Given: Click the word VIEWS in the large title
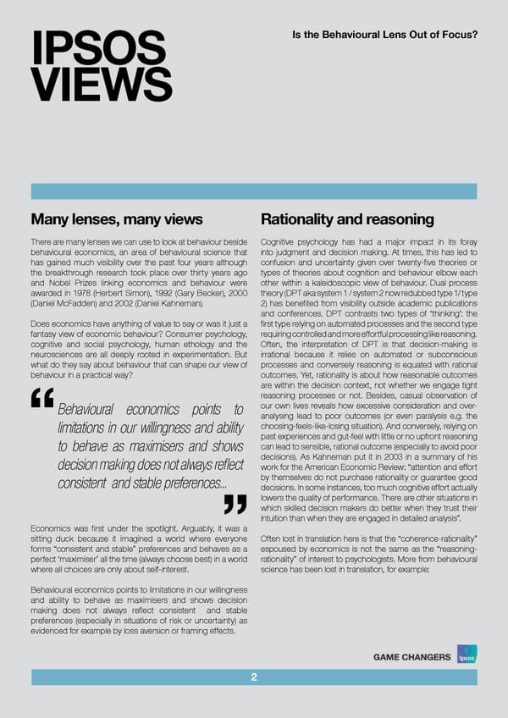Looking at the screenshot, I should pyautogui.click(x=101, y=86).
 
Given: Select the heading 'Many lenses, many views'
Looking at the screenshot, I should pyautogui.click(x=116, y=220).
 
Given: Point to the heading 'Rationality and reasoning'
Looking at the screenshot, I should pyautogui.click(x=347, y=220).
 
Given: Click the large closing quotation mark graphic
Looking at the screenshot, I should pyautogui.click(x=234, y=505).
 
